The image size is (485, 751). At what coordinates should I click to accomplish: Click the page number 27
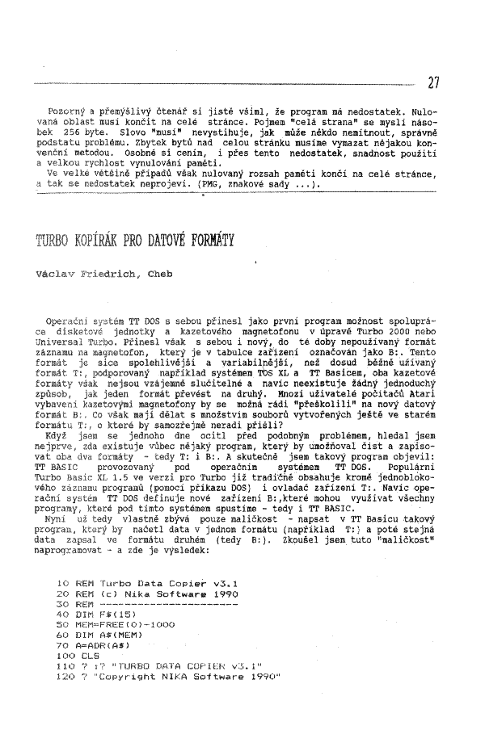point(433,82)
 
